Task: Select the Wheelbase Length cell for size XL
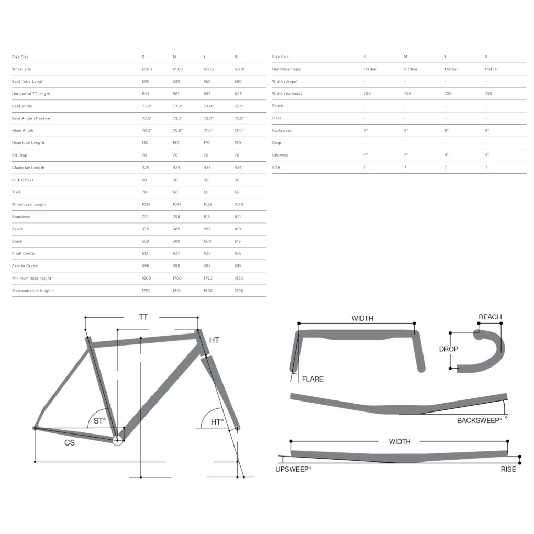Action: click(239, 204)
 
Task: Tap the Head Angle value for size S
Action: click(147, 130)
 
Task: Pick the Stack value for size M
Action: click(177, 241)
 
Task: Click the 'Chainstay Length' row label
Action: click(28, 168)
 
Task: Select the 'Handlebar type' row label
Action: click(286, 69)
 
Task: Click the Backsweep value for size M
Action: click(405, 130)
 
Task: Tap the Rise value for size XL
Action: click(486, 168)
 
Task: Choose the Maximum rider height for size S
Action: click(146, 291)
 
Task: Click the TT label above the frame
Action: click(143, 317)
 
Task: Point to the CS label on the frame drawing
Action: click(70, 443)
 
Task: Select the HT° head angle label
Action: click(217, 421)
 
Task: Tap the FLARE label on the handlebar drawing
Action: click(313, 379)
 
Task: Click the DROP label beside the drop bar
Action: click(449, 349)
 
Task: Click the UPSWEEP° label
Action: click(293, 469)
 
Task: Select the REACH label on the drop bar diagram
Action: click(490, 317)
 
